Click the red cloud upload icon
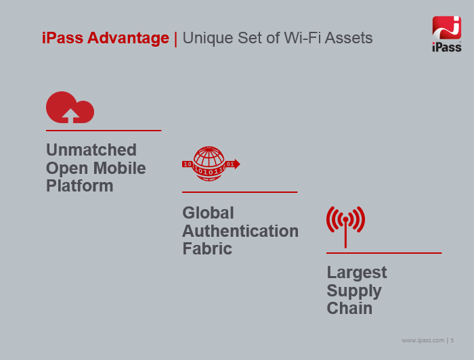pos(70,107)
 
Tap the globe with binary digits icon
pos(211,164)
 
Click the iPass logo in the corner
pos(446,34)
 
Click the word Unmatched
pos(91,150)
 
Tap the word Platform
pos(80,185)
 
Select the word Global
pos(209,213)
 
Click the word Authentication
pos(240,231)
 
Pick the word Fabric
pos(207,249)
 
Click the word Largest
pos(357,273)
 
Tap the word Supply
pos(354,292)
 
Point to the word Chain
pos(350,309)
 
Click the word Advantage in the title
pos(128,38)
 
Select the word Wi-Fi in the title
pos(302,38)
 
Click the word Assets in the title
pos(349,38)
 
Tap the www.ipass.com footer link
pos(423,340)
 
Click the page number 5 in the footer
pos(452,340)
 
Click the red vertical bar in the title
pos(175,39)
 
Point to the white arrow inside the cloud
pos(70,116)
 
